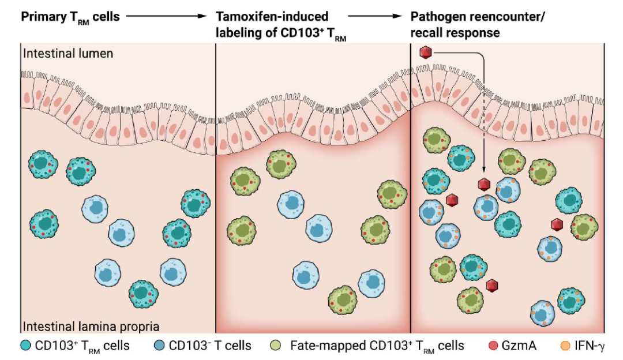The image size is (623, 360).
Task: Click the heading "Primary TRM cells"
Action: [70, 17]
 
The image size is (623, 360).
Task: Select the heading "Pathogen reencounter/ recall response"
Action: [477, 24]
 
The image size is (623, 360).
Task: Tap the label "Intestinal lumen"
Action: [68, 54]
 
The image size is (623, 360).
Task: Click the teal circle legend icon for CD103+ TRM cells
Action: [25, 346]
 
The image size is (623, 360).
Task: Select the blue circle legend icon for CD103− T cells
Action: [159, 346]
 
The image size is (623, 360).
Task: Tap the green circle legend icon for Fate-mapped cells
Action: [276, 346]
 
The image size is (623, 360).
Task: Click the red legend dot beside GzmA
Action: [493, 346]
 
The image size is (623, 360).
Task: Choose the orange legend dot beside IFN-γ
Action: [565, 346]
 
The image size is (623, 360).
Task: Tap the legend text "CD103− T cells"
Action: [210, 346]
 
